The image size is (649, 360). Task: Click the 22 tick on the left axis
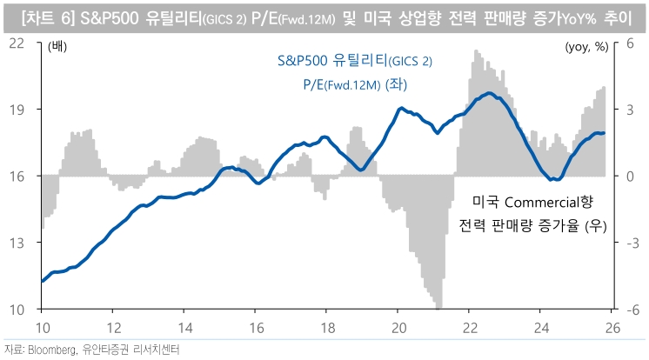16,43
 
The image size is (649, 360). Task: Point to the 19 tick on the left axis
16,110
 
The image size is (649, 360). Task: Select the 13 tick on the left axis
16,243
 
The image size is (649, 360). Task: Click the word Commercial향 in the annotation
552,203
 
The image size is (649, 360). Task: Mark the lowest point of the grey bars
439,307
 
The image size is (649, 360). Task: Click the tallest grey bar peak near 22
475,51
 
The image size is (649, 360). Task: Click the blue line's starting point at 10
43,281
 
